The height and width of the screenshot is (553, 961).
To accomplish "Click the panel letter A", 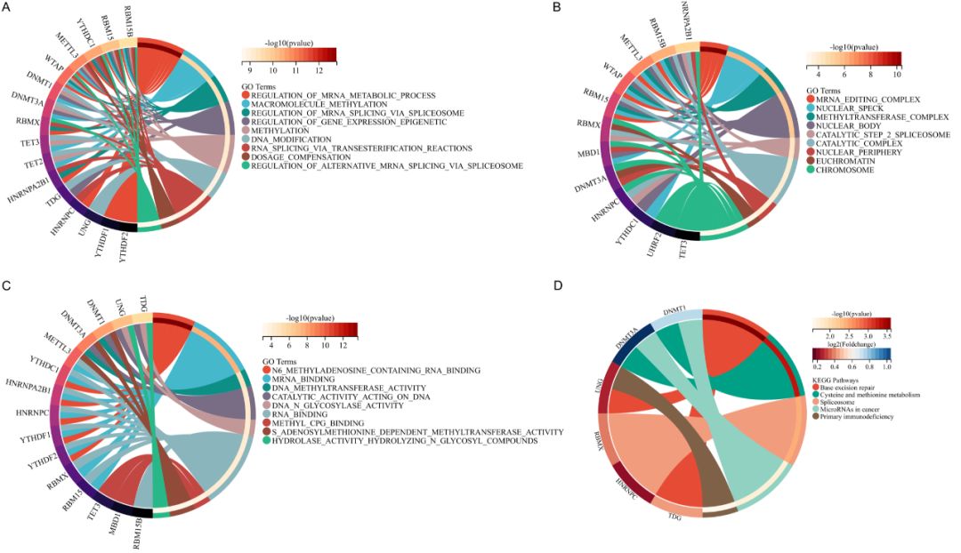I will point(7,8).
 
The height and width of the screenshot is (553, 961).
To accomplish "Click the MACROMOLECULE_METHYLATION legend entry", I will point(307,103).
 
